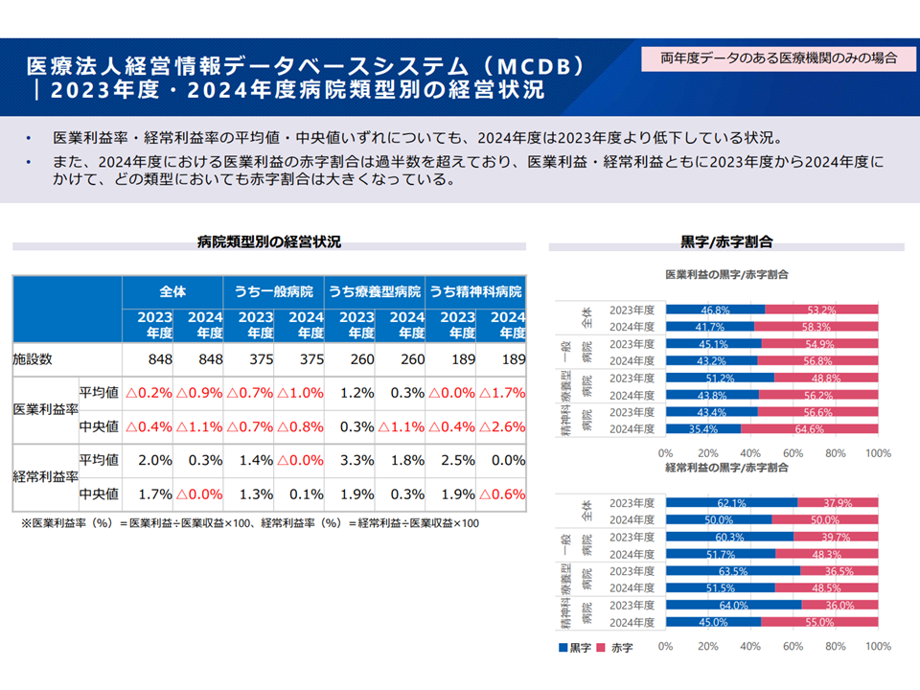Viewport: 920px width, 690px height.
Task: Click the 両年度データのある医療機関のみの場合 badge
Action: point(778,58)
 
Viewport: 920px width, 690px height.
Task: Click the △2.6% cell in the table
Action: point(502,426)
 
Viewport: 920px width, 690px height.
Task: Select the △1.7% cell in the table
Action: point(502,393)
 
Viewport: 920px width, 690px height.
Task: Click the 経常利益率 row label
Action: point(44,476)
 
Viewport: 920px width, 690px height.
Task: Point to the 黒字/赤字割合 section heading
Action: point(726,241)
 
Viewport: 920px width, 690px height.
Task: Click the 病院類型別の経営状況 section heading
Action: point(269,241)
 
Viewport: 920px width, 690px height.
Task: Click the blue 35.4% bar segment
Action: point(702,429)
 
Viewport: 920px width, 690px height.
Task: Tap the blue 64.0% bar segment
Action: point(733,605)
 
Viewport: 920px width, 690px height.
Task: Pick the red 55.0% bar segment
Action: point(818,622)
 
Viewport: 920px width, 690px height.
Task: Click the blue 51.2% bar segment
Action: point(720,378)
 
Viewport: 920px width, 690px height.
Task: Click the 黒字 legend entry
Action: point(574,648)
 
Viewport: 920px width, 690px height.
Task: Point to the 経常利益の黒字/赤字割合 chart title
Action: point(726,468)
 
